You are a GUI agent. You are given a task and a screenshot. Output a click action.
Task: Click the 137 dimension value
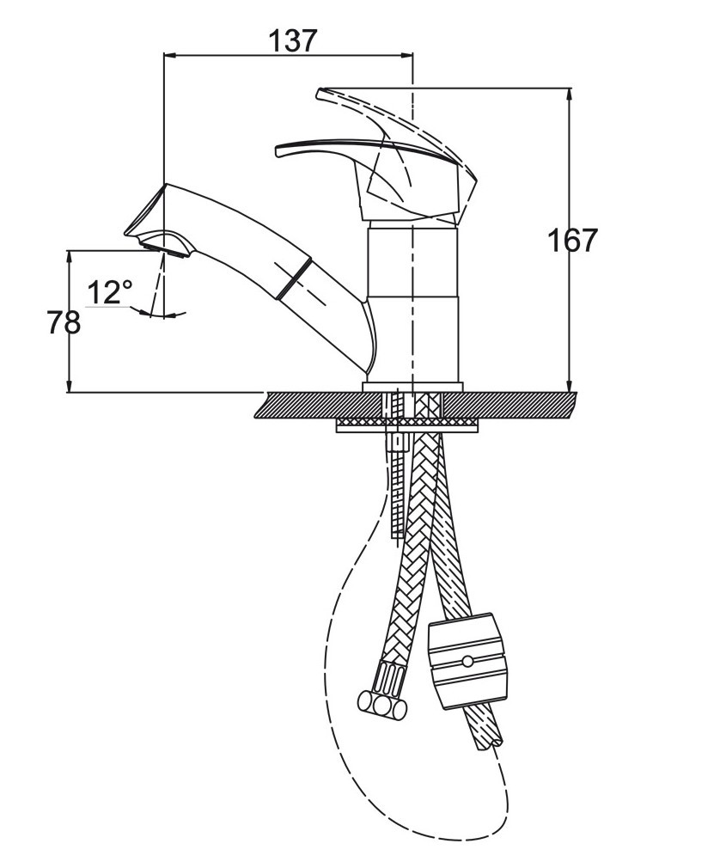pyautogui.click(x=293, y=41)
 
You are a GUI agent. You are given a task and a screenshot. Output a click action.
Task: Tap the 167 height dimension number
pyautogui.click(x=572, y=240)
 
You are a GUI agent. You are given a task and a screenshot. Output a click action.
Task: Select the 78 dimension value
pyautogui.click(x=64, y=322)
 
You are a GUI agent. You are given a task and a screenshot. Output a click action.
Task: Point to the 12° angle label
pyautogui.click(x=110, y=292)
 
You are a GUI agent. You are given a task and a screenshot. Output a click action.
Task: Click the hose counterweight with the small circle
pyautogui.click(x=467, y=661)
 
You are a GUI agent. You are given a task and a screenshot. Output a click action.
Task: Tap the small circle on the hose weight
pyautogui.click(x=467, y=661)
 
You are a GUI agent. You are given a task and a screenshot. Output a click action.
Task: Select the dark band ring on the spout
pyautogui.click(x=294, y=279)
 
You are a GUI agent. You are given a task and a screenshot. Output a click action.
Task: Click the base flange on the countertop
pyautogui.click(x=412, y=387)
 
